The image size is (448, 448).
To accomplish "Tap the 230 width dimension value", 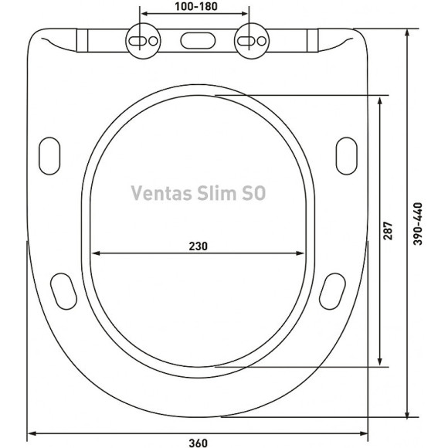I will point(198,246).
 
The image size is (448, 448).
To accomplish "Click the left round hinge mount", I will point(141,39).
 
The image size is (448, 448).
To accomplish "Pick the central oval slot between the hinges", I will point(196,39).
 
